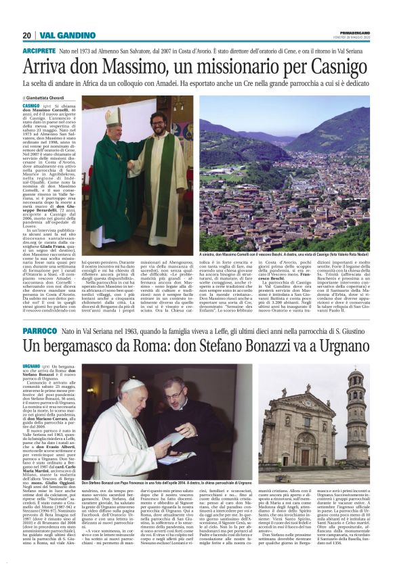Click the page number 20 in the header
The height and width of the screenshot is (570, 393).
(x=26, y=35)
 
